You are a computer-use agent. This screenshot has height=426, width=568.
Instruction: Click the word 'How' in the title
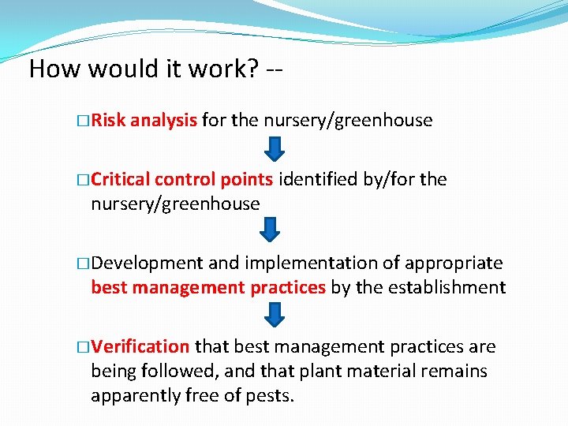click(54, 69)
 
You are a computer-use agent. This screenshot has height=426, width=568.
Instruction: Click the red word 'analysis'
click(163, 121)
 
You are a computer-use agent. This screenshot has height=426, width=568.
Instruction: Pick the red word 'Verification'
click(140, 347)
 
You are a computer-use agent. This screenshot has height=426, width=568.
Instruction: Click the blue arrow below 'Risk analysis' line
click(272, 149)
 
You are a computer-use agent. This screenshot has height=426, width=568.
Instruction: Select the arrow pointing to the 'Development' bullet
click(271, 230)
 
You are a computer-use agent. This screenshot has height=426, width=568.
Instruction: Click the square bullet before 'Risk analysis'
click(84, 121)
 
